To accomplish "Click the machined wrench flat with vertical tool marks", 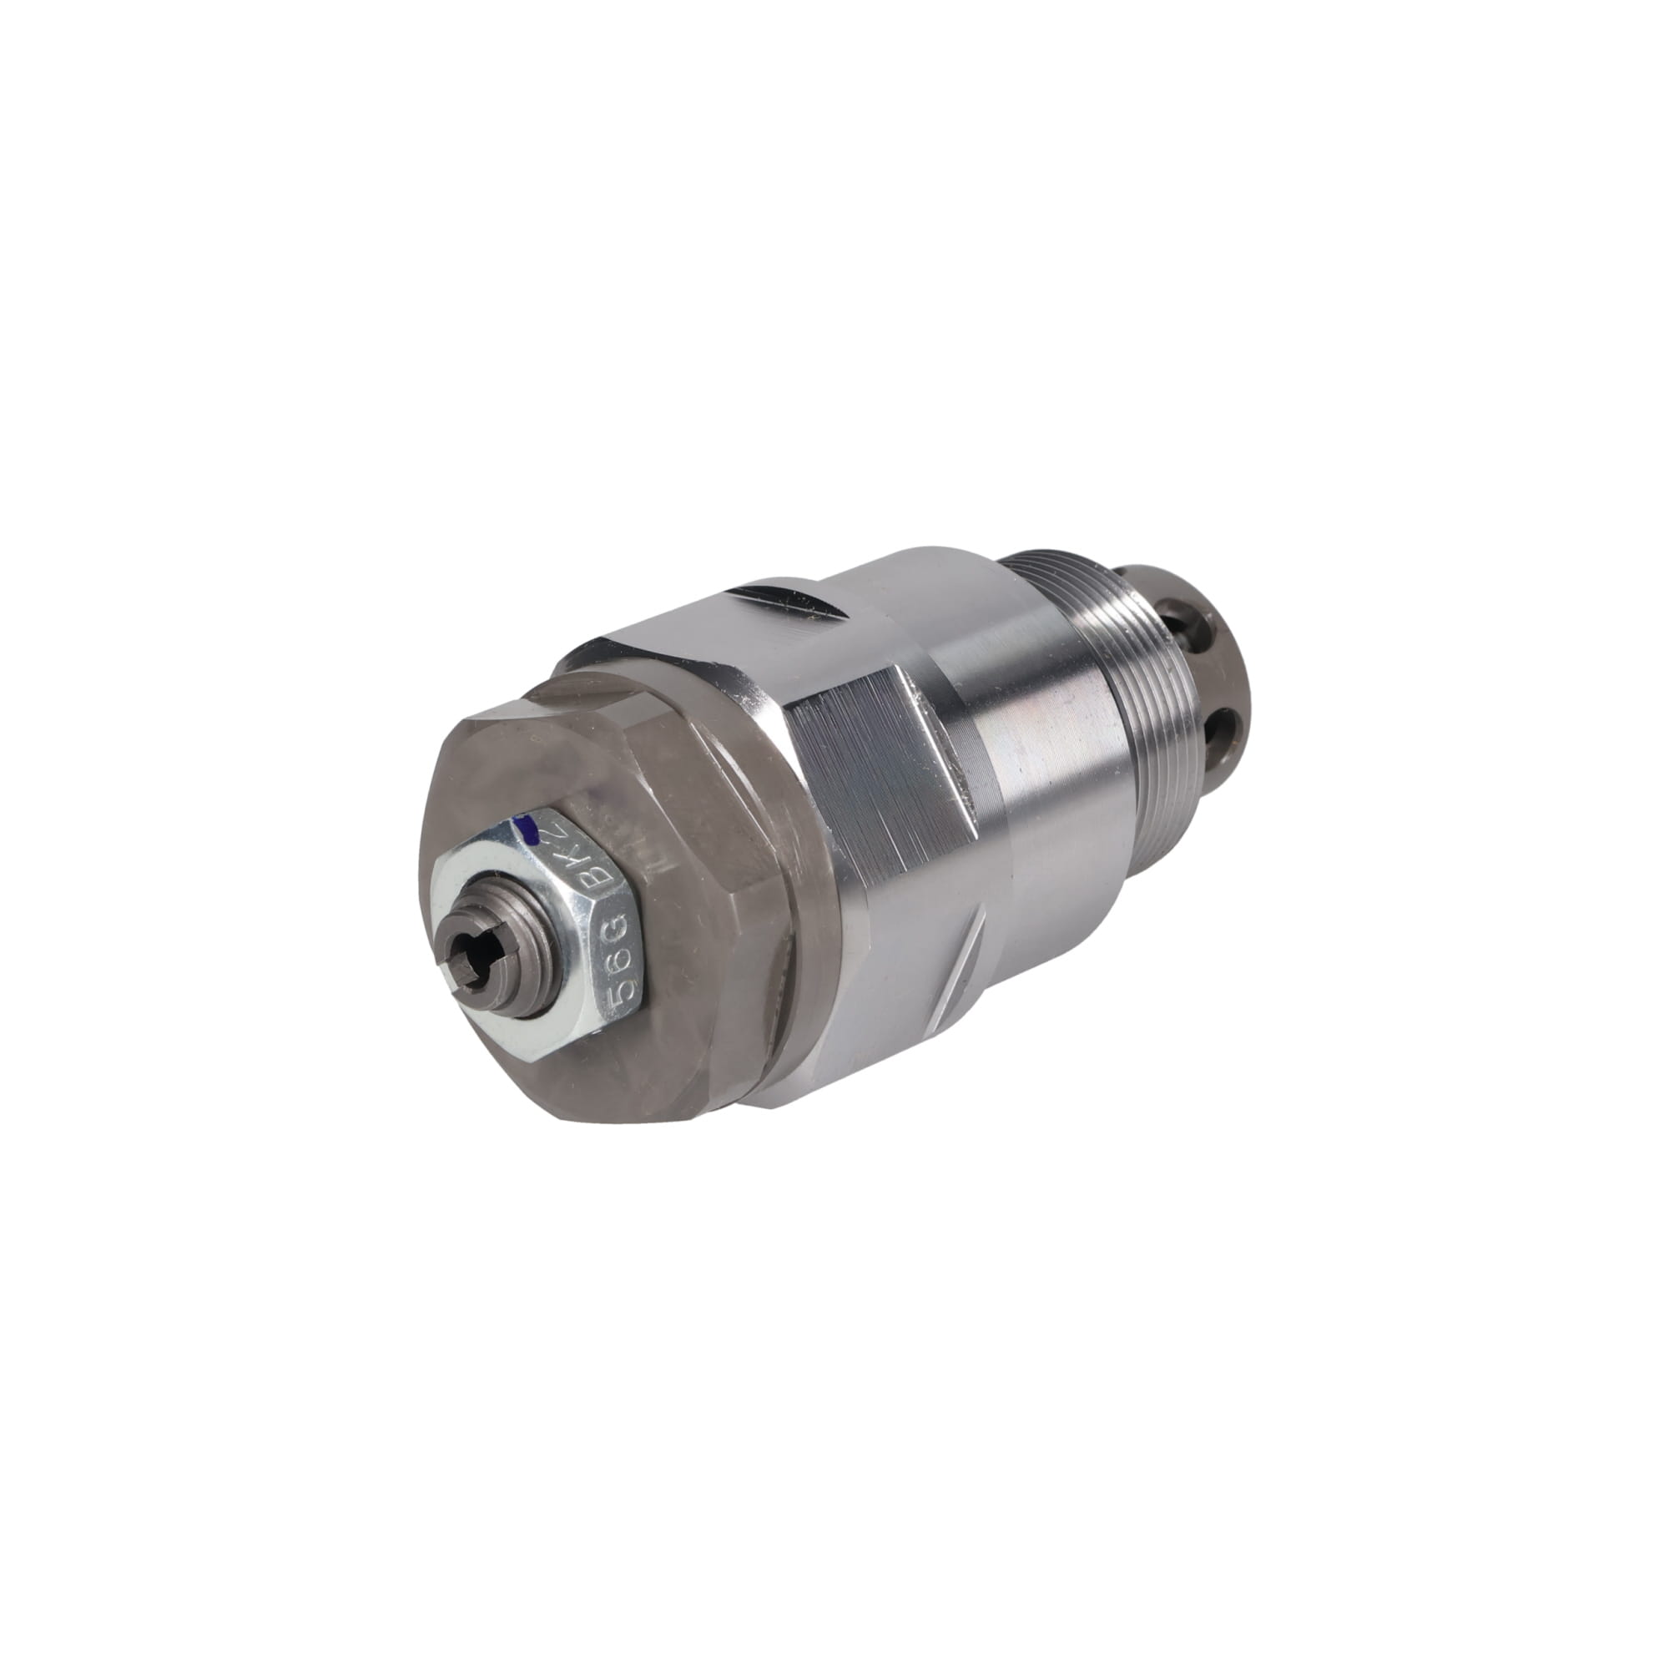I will (x=873, y=778).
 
